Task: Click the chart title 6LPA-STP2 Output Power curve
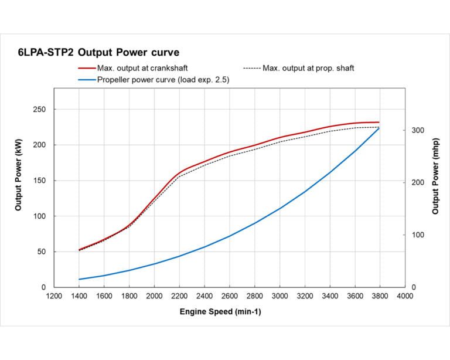click(98, 52)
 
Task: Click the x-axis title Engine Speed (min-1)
click(220, 312)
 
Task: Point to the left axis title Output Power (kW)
click(18, 179)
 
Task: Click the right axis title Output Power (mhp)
click(435, 179)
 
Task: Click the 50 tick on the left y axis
click(42, 252)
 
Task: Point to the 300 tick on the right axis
click(417, 130)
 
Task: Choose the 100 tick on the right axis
click(417, 235)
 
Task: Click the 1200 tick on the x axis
click(54, 296)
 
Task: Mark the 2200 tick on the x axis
click(179, 296)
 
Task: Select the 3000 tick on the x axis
click(279, 296)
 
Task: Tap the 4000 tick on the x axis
click(405, 296)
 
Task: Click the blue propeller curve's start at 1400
click(79, 279)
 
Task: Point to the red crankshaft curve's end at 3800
click(379, 122)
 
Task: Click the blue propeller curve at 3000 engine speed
click(279, 208)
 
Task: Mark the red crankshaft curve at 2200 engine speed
click(179, 174)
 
